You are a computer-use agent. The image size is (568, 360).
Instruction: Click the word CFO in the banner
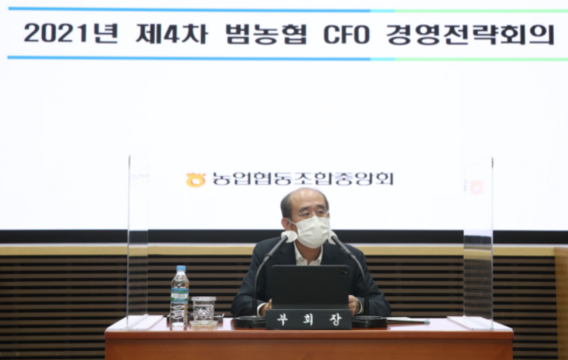[346, 35]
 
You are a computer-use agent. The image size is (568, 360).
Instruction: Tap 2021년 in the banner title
[71, 33]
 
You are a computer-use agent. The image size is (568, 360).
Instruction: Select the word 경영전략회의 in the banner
[471, 35]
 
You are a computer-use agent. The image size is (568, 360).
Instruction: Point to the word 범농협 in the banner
[266, 34]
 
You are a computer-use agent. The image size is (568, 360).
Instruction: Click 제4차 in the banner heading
[172, 33]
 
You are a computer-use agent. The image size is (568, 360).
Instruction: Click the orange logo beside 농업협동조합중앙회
[195, 180]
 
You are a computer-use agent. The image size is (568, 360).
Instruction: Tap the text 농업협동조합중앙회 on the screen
[302, 179]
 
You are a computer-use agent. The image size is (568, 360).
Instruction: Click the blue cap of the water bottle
[181, 269]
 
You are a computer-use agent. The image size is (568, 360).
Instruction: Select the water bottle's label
[180, 295]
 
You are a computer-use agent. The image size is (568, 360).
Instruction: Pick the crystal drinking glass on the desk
[203, 309]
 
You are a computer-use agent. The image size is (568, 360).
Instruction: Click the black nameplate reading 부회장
[309, 319]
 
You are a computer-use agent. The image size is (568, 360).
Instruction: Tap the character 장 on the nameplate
[336, 320]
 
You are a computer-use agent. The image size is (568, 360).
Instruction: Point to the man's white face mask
[312, 232]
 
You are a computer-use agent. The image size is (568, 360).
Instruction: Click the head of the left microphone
[289, 236]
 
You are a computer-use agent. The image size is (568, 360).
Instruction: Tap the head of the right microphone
[333, 237]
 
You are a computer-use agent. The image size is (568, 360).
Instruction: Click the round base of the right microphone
[369, 321]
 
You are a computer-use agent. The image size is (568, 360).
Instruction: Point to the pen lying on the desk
[408, 321]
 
